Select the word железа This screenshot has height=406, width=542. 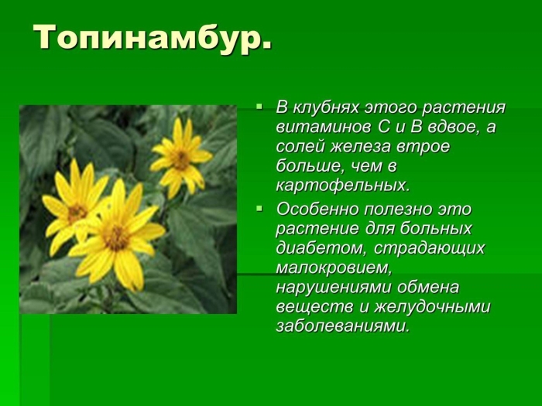(x=360, y=147)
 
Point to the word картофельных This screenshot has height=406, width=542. (x=342, y=186)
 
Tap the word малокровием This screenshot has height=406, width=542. (x=334, y=268)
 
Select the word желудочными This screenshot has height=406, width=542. (x=432, y=307)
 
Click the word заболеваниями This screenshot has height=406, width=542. (x=342, y=326)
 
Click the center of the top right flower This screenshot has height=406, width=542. (x=180, y=159)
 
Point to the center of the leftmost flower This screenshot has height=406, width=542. (x=77, y=212)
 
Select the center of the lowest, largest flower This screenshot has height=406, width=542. (x=116, y=237)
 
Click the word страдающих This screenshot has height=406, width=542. (x=429, y=248)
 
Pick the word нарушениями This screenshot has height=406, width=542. (x=333, y=288)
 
